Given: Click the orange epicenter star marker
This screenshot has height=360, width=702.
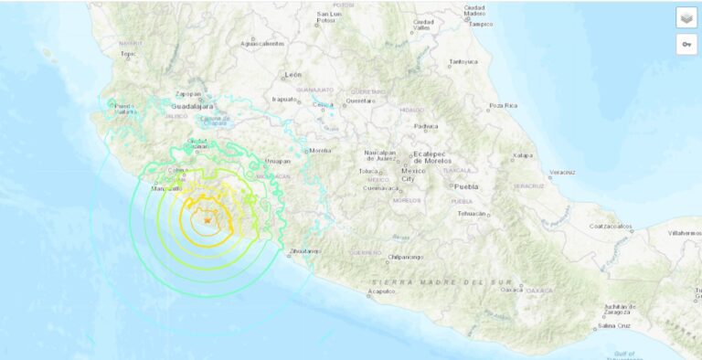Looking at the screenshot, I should click(208, 220).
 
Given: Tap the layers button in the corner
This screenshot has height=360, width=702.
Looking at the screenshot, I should click(686, 17).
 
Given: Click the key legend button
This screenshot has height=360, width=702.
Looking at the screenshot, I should click(686, 44).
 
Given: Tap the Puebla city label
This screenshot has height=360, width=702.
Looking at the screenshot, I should click(465, 185).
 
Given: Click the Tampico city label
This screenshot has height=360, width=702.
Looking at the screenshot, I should click(481, 24).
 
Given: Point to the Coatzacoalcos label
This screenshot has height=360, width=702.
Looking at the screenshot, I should click(612, 225).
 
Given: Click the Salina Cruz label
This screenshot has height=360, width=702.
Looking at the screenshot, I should click(614, 325).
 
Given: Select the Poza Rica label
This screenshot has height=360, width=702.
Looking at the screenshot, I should click(503, 105).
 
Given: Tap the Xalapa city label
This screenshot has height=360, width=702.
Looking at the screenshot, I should click(522, 155).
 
